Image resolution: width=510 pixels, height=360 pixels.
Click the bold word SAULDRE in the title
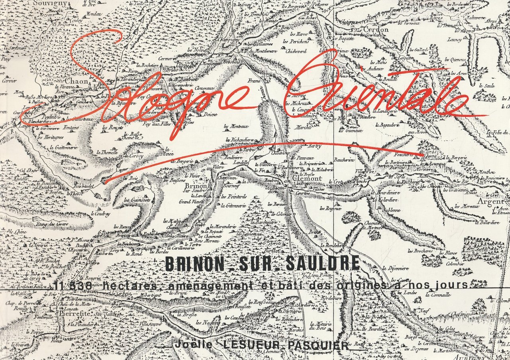[x=319, y=264]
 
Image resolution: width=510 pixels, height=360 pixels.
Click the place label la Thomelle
[x=107, y=152]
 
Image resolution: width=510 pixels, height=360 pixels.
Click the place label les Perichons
[x=296, y=41]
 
